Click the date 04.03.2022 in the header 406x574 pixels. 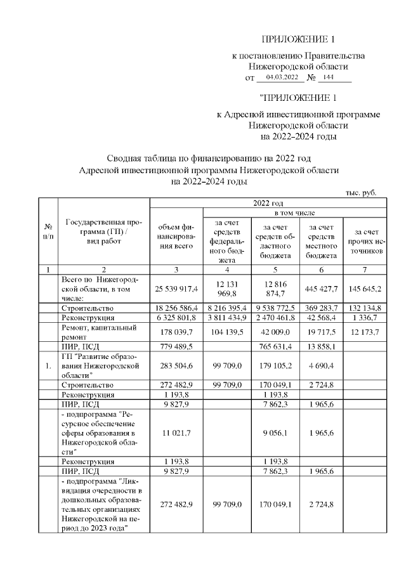tap(282, 77)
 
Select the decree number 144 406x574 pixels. tap(328, 77)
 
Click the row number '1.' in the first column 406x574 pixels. tap(48, 366)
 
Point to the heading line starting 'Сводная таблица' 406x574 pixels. tap(209, 158)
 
